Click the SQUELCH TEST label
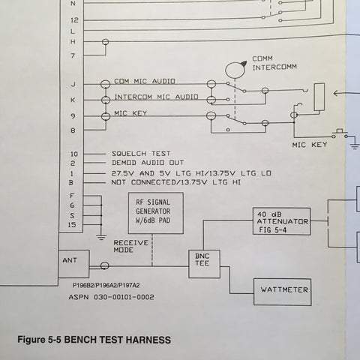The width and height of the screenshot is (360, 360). [141, 154]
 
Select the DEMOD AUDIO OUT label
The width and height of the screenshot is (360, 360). [148, 163]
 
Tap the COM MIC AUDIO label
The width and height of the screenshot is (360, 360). [145, 81]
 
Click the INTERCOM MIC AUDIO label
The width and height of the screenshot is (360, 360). [156, 97]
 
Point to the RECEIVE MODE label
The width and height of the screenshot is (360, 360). [131, 246]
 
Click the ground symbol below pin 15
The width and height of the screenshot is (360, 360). [101, 237]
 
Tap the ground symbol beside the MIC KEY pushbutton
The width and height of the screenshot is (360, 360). [355, 145]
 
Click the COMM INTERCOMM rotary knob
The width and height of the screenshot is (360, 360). [235, 69]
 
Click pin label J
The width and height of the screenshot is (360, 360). [73, 84]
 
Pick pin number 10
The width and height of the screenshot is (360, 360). [74, 154]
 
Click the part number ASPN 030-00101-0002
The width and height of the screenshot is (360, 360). [112, 297]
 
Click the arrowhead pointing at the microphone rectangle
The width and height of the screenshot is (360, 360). [336, 94]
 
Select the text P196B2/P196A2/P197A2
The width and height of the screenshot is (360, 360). [106, 285]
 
